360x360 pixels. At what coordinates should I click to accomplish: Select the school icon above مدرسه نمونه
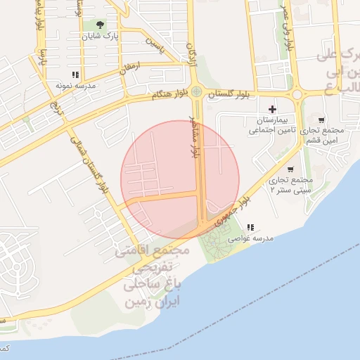tap(75, 75)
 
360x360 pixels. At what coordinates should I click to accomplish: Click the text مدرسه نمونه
tap(75, 85)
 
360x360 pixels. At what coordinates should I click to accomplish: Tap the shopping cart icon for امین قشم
tap(321, 120)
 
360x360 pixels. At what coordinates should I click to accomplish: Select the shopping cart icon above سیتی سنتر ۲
tap(290, 169)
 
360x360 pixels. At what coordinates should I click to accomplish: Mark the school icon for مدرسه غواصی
tap(251, 227)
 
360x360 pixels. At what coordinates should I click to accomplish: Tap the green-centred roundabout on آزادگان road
tap(197, 92)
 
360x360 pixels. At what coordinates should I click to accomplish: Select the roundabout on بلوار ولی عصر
tap(297, 94)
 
